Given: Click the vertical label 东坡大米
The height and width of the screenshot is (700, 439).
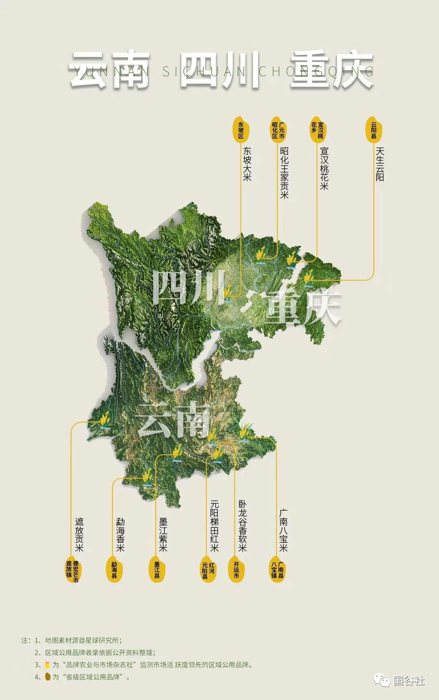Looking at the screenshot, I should [x=247, y=164].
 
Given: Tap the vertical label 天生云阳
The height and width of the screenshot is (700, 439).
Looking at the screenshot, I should [x=379, y=164].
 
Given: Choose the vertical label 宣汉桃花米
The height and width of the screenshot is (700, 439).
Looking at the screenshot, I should [x=323, y=168].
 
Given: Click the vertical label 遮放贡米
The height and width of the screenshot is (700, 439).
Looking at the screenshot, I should [x=79, y=534].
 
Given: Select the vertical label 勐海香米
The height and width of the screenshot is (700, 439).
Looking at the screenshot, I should [x=120, y=534].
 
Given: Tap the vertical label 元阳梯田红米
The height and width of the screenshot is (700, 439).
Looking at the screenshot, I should [x=215, y=526].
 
